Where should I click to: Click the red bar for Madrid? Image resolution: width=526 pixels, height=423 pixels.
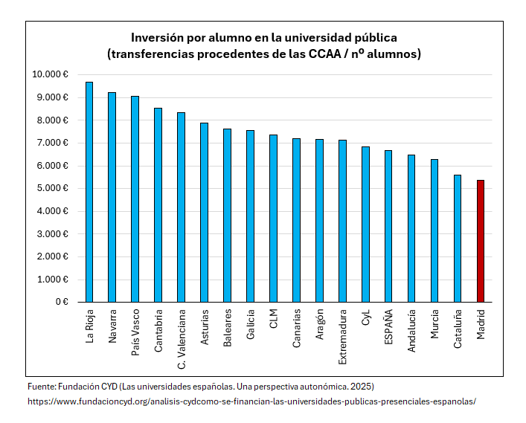481,241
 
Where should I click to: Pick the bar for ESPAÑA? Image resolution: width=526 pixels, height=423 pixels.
388,226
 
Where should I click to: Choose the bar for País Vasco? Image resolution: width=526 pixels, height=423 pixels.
135,198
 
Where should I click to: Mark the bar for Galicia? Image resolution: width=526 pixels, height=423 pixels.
250,216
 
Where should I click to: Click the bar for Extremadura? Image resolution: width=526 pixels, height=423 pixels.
342,221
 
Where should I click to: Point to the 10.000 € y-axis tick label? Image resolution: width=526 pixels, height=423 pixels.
51,74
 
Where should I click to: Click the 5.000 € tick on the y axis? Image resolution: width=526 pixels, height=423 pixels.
53,188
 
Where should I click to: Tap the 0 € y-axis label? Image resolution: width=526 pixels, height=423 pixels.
62,302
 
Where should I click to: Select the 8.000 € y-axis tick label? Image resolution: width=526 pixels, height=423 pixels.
53,120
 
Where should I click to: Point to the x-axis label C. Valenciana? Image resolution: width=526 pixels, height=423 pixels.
182,338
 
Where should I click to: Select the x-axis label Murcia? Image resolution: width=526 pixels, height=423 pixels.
434,324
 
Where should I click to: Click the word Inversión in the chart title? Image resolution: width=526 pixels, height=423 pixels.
157,37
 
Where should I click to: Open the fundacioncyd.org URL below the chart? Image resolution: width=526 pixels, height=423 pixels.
251,401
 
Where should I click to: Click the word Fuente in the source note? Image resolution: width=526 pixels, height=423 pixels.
41,387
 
